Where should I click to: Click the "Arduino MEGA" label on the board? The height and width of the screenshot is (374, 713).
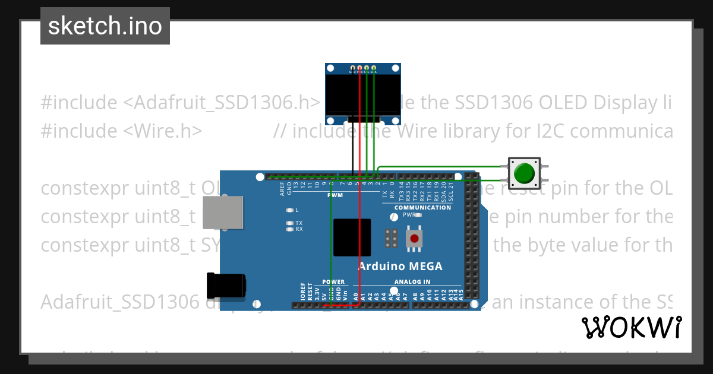click(x=400, y=266)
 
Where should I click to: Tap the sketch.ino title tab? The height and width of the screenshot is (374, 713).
click(x=105, y=26)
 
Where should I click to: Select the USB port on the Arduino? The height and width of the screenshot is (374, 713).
click(x=223, y=212)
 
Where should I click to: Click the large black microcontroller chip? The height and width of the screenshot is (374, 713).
click(x=352, y=237)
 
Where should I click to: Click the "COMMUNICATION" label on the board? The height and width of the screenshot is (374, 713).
click(x=422, y=208)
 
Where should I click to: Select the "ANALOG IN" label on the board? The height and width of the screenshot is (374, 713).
click(x=412, y=281)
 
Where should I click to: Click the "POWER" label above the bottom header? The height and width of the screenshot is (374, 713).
click(x=333, y=281)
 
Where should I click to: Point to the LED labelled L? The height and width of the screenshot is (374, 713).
click(x=290, y=210)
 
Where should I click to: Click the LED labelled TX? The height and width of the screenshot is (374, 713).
click(x=290, y=223)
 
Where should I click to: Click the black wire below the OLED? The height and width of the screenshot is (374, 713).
click(x=353, y=145)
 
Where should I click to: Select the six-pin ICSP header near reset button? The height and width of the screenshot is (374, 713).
click(x=391, y=238)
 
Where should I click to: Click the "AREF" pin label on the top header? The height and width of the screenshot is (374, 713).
click(x=282, y=189)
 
